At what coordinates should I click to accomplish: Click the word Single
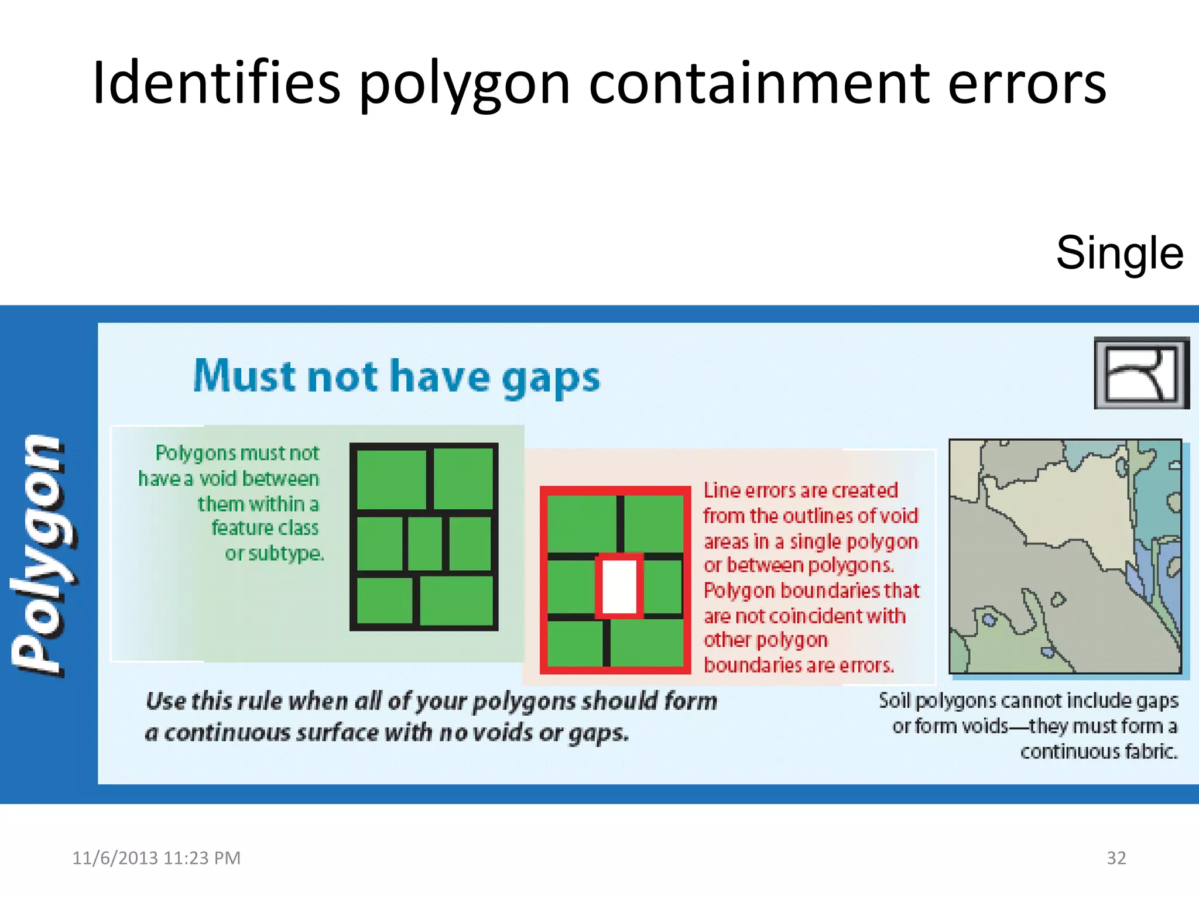(x=1119, y=253)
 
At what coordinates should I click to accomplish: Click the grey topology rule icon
(x=1141, y=373)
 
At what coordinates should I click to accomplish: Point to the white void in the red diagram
(x=619, y=586)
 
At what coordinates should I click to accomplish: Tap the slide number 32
(x=1116, y=857)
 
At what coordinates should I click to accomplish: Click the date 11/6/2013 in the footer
(x=115, y=858)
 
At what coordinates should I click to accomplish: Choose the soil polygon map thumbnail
(x=1065, y=556)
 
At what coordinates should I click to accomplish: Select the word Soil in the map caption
(x=894, y=701)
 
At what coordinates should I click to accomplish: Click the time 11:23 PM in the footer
(x=202, y=858)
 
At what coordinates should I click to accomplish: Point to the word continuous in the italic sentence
(x=227, y=733)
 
